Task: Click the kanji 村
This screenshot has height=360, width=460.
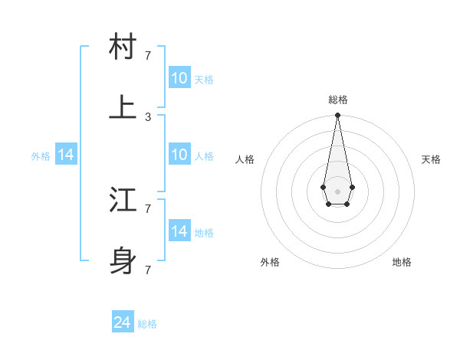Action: pyautogui.click(x=123, y=47)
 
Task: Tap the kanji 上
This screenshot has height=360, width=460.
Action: pyautogui.click(x=123, y=108)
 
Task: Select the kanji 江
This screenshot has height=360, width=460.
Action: pyautogui.click(x=123, y=201)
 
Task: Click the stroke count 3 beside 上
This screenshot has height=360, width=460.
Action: pyautogui.click(x=148, y=117)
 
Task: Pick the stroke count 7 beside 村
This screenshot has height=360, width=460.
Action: pyautogui.click(x=148, y=55)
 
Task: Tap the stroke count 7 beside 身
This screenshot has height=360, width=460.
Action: pyautogui.click(x=148, y=270)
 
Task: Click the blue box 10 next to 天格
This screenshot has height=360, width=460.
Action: pyautogui.click(x=179, y=77)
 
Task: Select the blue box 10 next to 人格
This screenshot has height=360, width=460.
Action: pyautogui.click(x=179, y=155)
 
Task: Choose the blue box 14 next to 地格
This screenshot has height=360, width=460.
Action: pyautogui.click(x=179, y=231)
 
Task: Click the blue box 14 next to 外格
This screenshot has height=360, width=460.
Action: pyautogui.click(x=66, y=155)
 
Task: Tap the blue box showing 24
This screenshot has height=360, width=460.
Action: pyautogui.click(x=123, y=322)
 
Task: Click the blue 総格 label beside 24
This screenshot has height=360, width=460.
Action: pyautogui.click(x=148, y=324)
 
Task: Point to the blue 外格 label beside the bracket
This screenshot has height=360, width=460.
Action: pyautogui.click(x=41, y=155)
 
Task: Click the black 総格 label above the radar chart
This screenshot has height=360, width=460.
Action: pyautogui.click(x=337, y=100)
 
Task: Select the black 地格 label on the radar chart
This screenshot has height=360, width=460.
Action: pyautogui.click(x=402, y=262)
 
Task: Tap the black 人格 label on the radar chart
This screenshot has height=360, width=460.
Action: pyautogui.click(x=245, y=159)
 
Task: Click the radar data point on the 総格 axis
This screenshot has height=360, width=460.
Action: pyautogui.click(x=337, y=116)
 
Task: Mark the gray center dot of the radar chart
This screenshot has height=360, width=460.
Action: pyautogui.click(x=337, y=191)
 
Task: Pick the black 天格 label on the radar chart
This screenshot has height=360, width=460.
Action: pyautogui.click(x=431, y=159)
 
